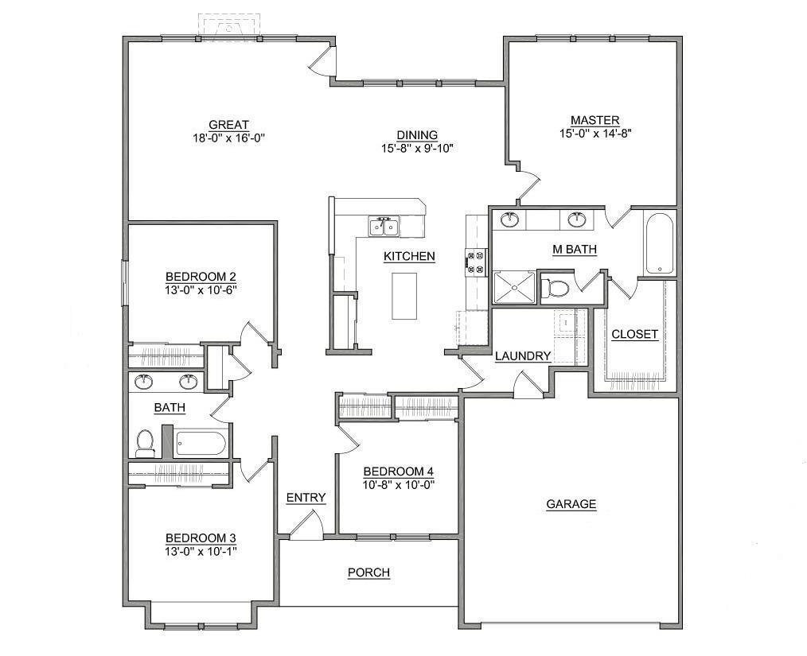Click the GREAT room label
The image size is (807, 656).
click(x=228, y=125)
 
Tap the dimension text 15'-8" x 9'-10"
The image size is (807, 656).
click(x=417, y=148)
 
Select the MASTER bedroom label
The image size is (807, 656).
click(x=595, y=121)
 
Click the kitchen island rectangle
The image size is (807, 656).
click(x=404, y=296)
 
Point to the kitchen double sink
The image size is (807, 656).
click(x=384, y=227)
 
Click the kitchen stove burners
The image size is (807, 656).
click(x=476, y=262)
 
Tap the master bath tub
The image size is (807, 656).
click(x=659, y=243)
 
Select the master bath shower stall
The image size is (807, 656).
click(x=514, y=287)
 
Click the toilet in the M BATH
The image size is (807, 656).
click(x=556, y=288)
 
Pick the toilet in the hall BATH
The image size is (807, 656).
click(x=145, y=443)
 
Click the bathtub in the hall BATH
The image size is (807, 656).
click(x=201, y=443)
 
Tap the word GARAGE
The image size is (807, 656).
click(x=571, y=504)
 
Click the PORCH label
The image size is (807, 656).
click(x=368, y=573)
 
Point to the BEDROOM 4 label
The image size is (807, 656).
click(x=398, y=471)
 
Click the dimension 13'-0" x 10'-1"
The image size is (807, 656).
click(x=201, y=551)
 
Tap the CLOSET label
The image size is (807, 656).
click(x=634, y=335)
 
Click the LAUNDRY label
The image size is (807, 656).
click(x=523, y=356)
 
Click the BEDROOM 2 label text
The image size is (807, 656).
click(x=201, y=277)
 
